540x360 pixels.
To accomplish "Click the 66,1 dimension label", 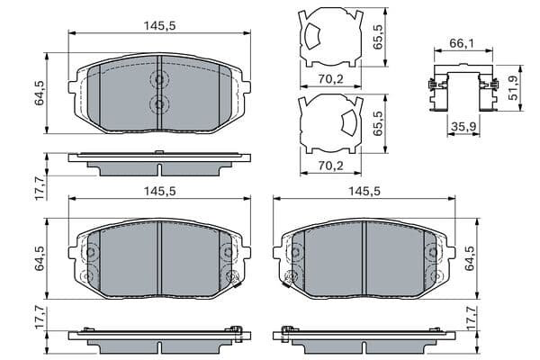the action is (x=462, y=43).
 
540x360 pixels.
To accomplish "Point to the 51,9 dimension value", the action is (x=514, y=88).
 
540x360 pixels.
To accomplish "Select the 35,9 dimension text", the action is (x=463, y=126).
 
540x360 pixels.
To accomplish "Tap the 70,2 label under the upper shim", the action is (x=330, y=79).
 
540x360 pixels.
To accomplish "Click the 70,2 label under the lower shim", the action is (x=330, y=166).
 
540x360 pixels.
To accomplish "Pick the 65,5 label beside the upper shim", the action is (x=378, y=37).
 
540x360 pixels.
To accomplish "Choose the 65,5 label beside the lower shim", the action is (x=378, y=123).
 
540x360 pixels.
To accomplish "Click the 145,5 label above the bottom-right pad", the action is (x=364, y=191).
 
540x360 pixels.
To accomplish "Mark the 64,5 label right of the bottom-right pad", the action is (x=470, y=258).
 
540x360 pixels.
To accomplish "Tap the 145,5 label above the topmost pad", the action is (x=160, y=26).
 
